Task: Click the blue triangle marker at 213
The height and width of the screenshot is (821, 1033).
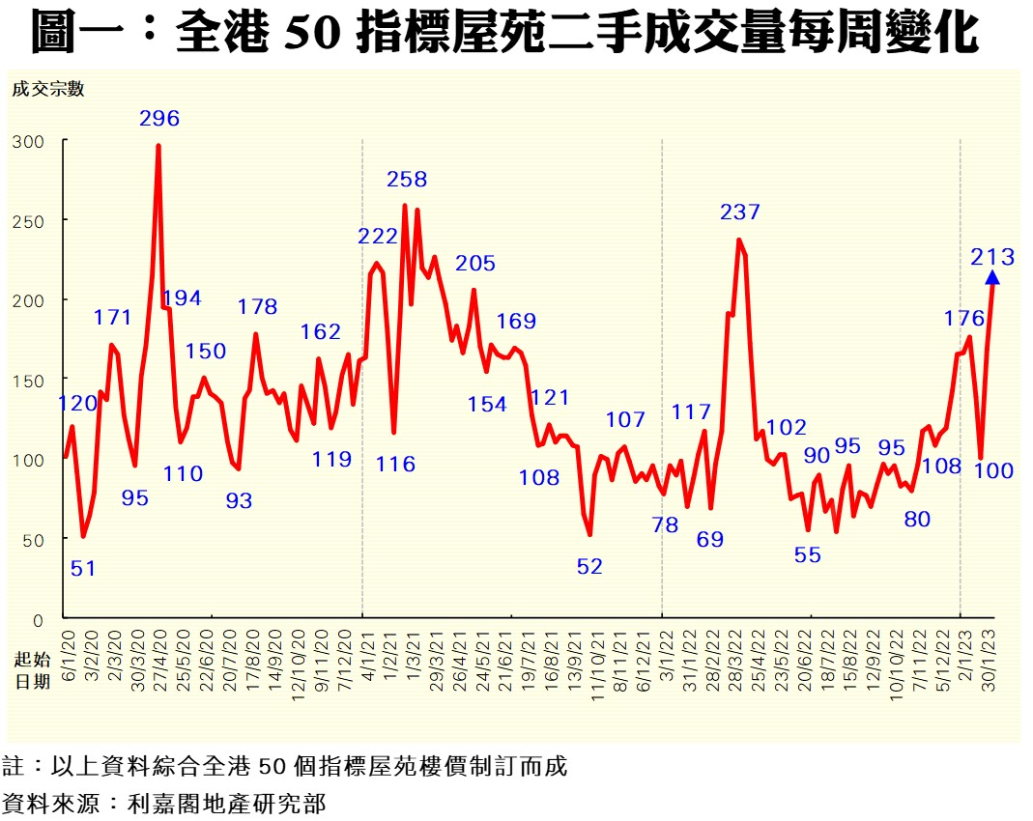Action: pos(991,278)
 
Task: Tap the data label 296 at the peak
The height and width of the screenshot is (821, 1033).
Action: pos(159,119)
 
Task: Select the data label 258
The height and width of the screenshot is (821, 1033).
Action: pos(407,179)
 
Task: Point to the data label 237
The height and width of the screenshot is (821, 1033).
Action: pos(740,212)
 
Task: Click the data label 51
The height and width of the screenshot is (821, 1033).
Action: pos(83,568)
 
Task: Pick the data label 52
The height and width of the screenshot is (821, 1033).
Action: pos(589,567)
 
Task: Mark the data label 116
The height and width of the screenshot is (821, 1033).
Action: pos(396,464)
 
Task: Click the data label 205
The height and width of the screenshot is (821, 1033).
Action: pos(475,263)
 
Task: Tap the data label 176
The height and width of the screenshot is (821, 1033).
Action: pos(964,318)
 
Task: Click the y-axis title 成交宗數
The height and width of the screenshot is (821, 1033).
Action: pos(48,90)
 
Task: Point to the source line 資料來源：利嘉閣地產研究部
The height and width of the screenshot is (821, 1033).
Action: pos(164,802)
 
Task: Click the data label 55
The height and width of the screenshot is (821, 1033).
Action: pos(808,554)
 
